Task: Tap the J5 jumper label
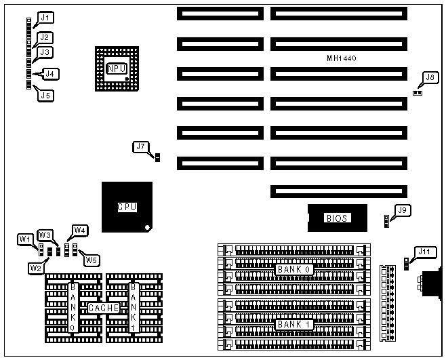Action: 45,96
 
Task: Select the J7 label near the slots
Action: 140,146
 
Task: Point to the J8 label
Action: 428,77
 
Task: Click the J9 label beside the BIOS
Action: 403,210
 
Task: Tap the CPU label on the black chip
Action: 127,207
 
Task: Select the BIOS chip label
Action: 337,218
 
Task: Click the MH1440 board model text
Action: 342,59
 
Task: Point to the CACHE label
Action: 103,308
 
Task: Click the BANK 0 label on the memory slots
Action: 293,269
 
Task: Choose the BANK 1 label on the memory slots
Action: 293,325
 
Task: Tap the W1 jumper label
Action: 25,239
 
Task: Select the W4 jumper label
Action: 80,230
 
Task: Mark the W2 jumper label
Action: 35,268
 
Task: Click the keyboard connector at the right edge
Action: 431,283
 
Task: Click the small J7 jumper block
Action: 157,158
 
